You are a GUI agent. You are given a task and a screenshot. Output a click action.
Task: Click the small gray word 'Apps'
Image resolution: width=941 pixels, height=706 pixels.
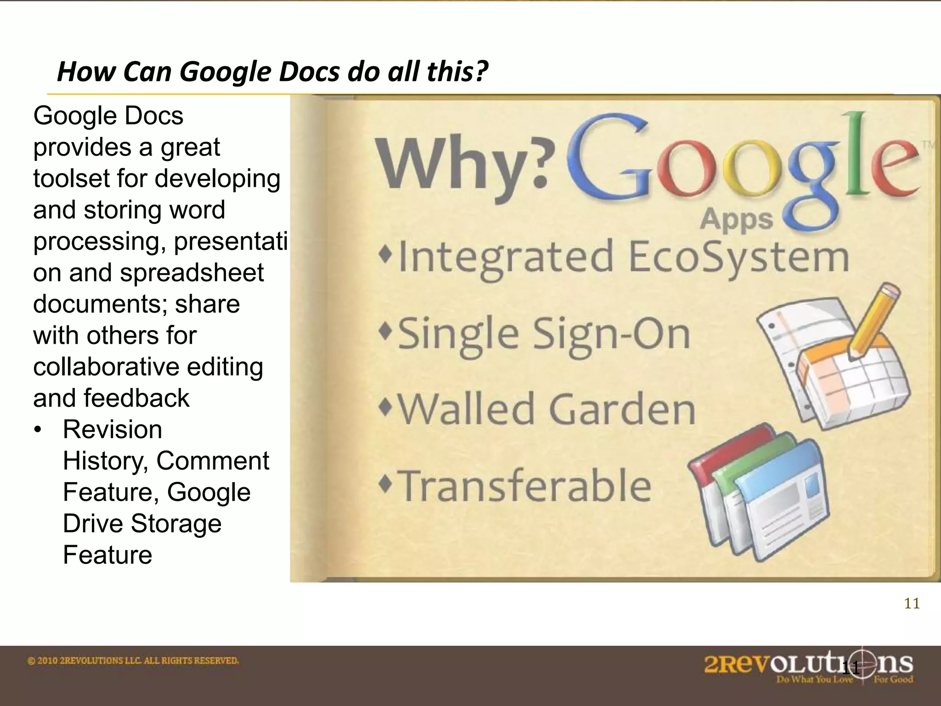click(737, 219)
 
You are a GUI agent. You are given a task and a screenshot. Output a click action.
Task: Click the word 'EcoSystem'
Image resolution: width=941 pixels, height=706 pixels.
click(738, 257)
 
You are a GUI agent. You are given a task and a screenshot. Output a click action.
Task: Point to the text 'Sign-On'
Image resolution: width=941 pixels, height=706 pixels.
click(611, 334)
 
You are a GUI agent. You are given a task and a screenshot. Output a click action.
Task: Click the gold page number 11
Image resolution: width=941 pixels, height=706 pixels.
click(912, 604)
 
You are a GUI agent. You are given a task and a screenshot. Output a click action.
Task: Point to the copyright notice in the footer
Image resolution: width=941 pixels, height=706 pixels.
click(133, 661)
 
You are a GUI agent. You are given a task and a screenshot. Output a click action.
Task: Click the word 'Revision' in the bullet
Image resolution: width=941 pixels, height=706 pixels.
click(113, 430)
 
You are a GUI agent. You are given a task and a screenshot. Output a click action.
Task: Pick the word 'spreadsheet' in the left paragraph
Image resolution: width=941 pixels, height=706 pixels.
click(192, 273)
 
